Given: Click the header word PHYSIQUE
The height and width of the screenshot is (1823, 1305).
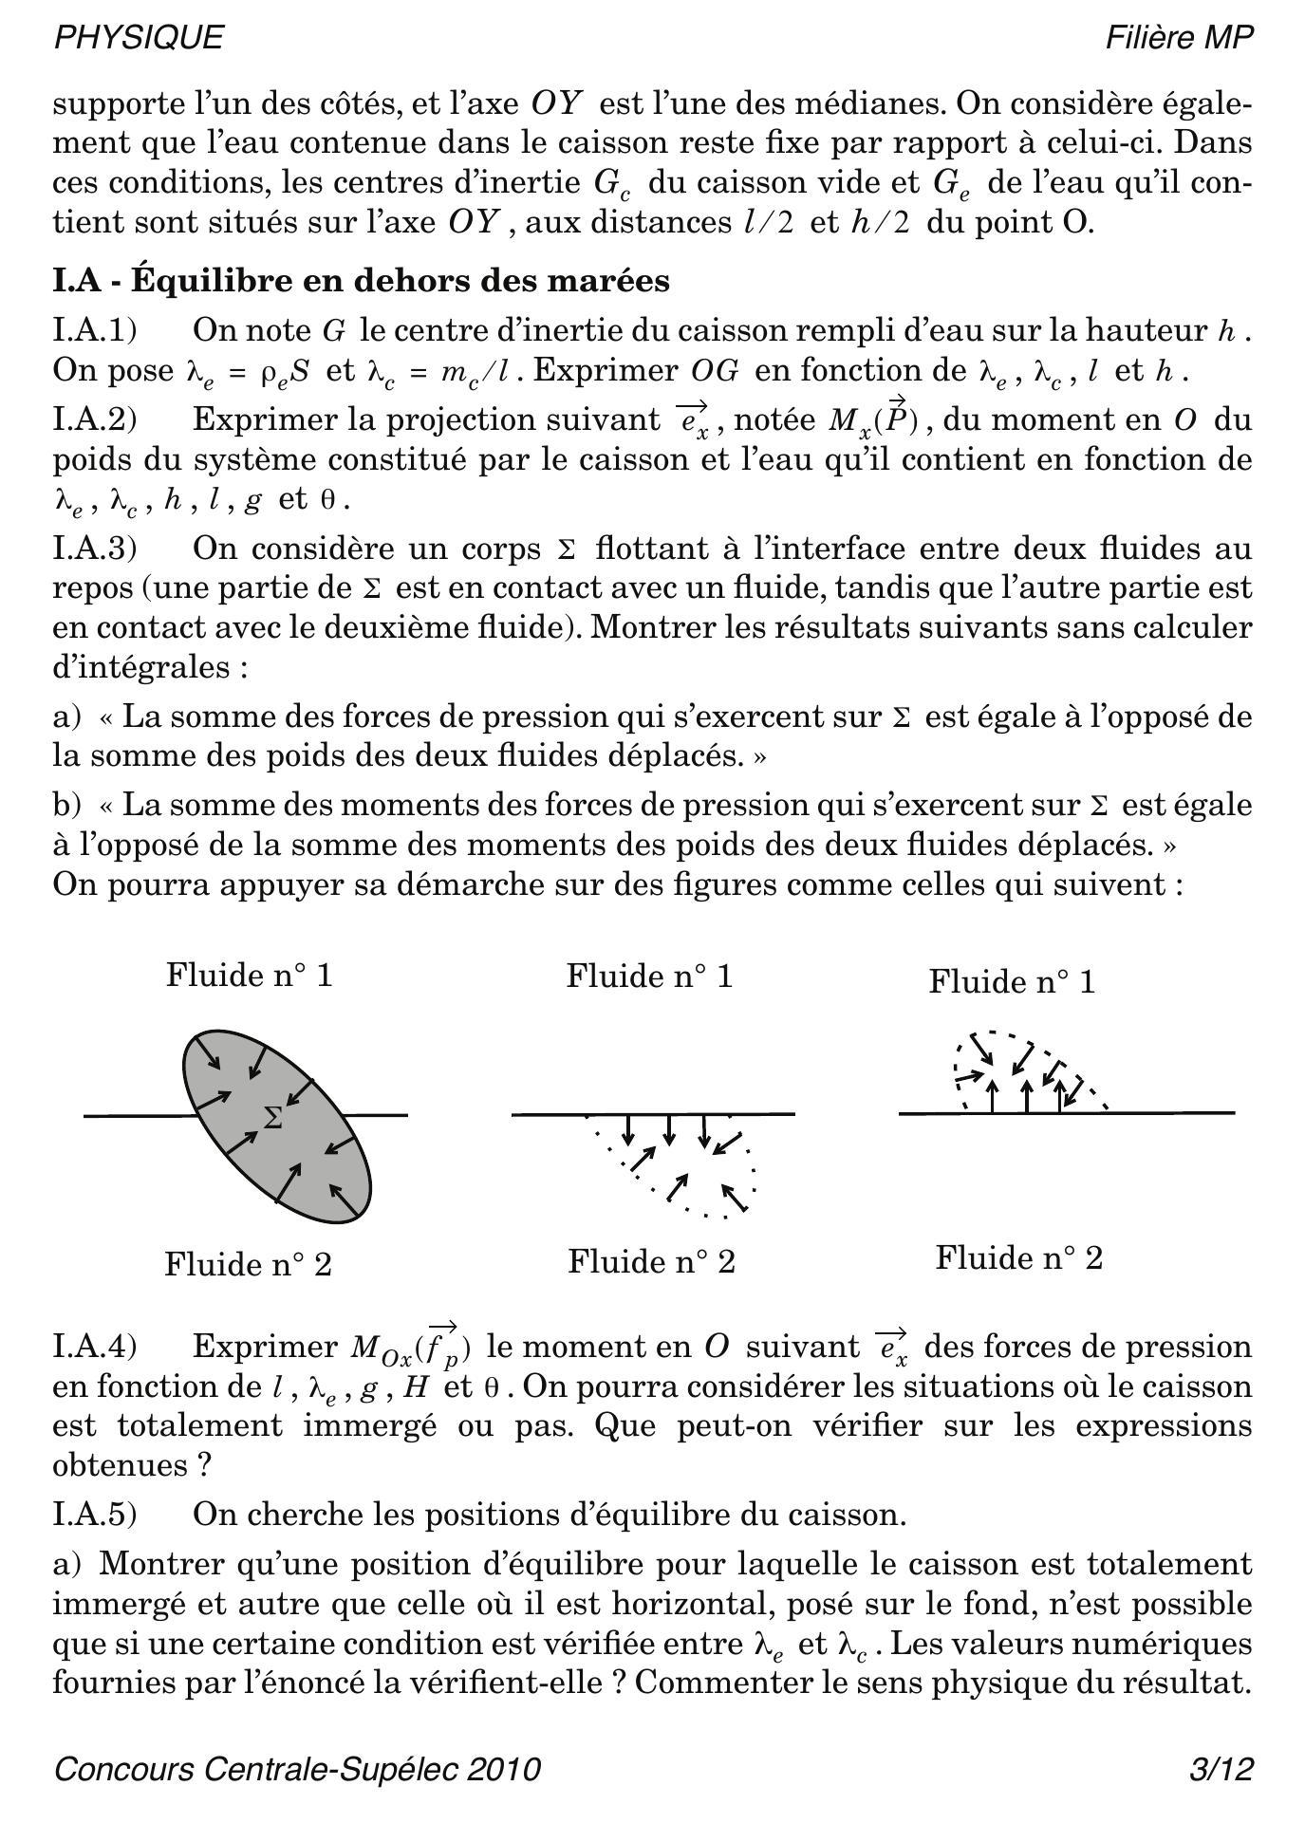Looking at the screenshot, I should click(x=139, y=37).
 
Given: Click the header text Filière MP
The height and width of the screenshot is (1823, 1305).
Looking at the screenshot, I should click(x=1179, y=37).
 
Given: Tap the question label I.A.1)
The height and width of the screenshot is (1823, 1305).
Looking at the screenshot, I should click(x=95, y=330).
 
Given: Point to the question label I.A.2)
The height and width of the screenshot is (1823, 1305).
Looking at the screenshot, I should click(x=95, y=419).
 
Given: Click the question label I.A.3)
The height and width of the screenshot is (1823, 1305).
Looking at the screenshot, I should click(x=95, y=549).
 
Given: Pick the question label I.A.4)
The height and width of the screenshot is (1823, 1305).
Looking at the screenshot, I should click(x=95, y=1347).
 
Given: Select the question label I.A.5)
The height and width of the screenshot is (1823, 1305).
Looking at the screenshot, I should click(x=95, y=1515).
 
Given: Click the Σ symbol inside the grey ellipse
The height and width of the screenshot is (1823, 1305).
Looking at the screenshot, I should click(x=272, y=1118).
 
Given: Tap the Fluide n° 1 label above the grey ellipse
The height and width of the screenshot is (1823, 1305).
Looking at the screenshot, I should click(x=250, y=975).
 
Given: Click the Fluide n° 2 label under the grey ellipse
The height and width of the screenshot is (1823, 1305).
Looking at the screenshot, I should click(x=248, y=1264).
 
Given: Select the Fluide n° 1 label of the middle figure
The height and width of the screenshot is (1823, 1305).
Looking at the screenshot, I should click(x=650, y=976).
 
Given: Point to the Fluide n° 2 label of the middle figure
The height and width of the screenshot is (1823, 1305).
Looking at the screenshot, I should click(x=651, y=1261).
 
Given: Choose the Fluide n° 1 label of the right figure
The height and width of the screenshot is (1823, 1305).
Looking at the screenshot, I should click(x=1012, y=981).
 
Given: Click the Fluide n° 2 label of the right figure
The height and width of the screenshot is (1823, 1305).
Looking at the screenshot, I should click(x=1018, y=1257).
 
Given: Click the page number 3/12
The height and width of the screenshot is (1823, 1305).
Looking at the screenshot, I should click(x=1221, y=1770).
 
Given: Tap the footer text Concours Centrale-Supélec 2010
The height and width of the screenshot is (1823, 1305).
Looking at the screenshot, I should click(x=297, y=1770).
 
